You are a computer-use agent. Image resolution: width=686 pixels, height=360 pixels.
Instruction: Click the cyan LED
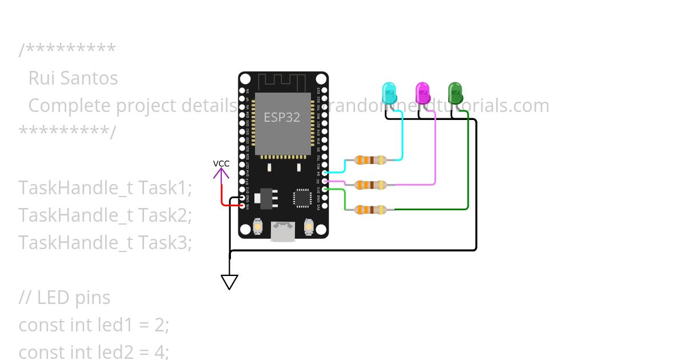point(389,93)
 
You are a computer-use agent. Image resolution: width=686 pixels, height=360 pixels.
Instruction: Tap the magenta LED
point(422,93)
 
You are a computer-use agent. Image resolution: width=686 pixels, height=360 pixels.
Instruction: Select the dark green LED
point(455,93)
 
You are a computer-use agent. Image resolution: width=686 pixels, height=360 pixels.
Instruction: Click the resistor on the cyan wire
point(370,160)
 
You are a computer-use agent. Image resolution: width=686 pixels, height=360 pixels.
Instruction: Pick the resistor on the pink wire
point(370,185)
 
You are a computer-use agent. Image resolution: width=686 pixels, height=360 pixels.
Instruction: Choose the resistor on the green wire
point(370,210)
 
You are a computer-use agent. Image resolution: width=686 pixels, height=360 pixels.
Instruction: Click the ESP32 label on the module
point(281,117)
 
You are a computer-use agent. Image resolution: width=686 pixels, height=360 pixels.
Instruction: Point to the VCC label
point(221,163)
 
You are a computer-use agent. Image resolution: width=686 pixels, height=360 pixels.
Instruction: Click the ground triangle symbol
point(229,282)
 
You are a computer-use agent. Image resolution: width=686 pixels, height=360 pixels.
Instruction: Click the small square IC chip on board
point(302,198)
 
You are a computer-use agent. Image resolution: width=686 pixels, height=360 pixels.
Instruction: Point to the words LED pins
point(73,298)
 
